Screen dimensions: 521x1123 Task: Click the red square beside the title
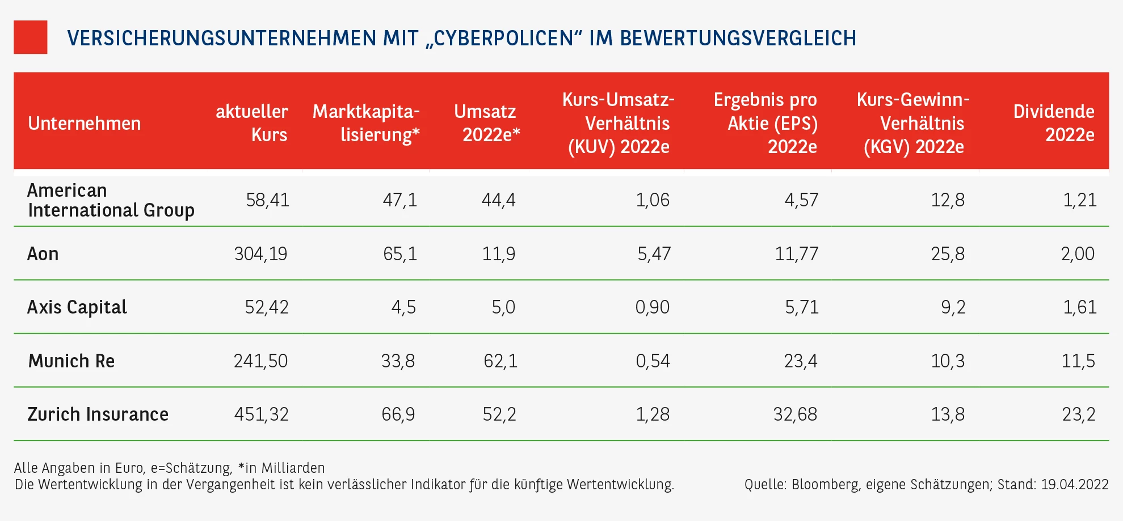click(31, 37)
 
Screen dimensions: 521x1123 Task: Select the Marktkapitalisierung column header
click(366, 123)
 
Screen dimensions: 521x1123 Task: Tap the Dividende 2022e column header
click(1054, 123)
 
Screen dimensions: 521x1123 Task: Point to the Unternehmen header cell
click(85, 124)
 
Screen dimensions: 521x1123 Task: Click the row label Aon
click(43, 253)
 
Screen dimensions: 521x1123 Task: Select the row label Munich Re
click(71, 361)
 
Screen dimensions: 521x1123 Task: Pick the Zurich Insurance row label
click(98, 414)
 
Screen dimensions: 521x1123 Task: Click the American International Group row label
click(111, 200)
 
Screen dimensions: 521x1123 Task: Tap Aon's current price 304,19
click(261, 253)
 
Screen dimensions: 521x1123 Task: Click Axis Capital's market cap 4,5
click(403, 307)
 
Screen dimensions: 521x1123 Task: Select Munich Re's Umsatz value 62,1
click(500, 361)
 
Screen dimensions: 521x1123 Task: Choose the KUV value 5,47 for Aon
click(654, 253)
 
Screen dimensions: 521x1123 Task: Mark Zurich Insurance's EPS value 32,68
click(795, 414)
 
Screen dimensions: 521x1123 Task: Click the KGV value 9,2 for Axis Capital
click(953, 307)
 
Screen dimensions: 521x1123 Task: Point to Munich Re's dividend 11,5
click(1078, 361)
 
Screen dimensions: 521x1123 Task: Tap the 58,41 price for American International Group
click(267, 200)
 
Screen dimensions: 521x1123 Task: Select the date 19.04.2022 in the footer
click(1075, 485)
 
